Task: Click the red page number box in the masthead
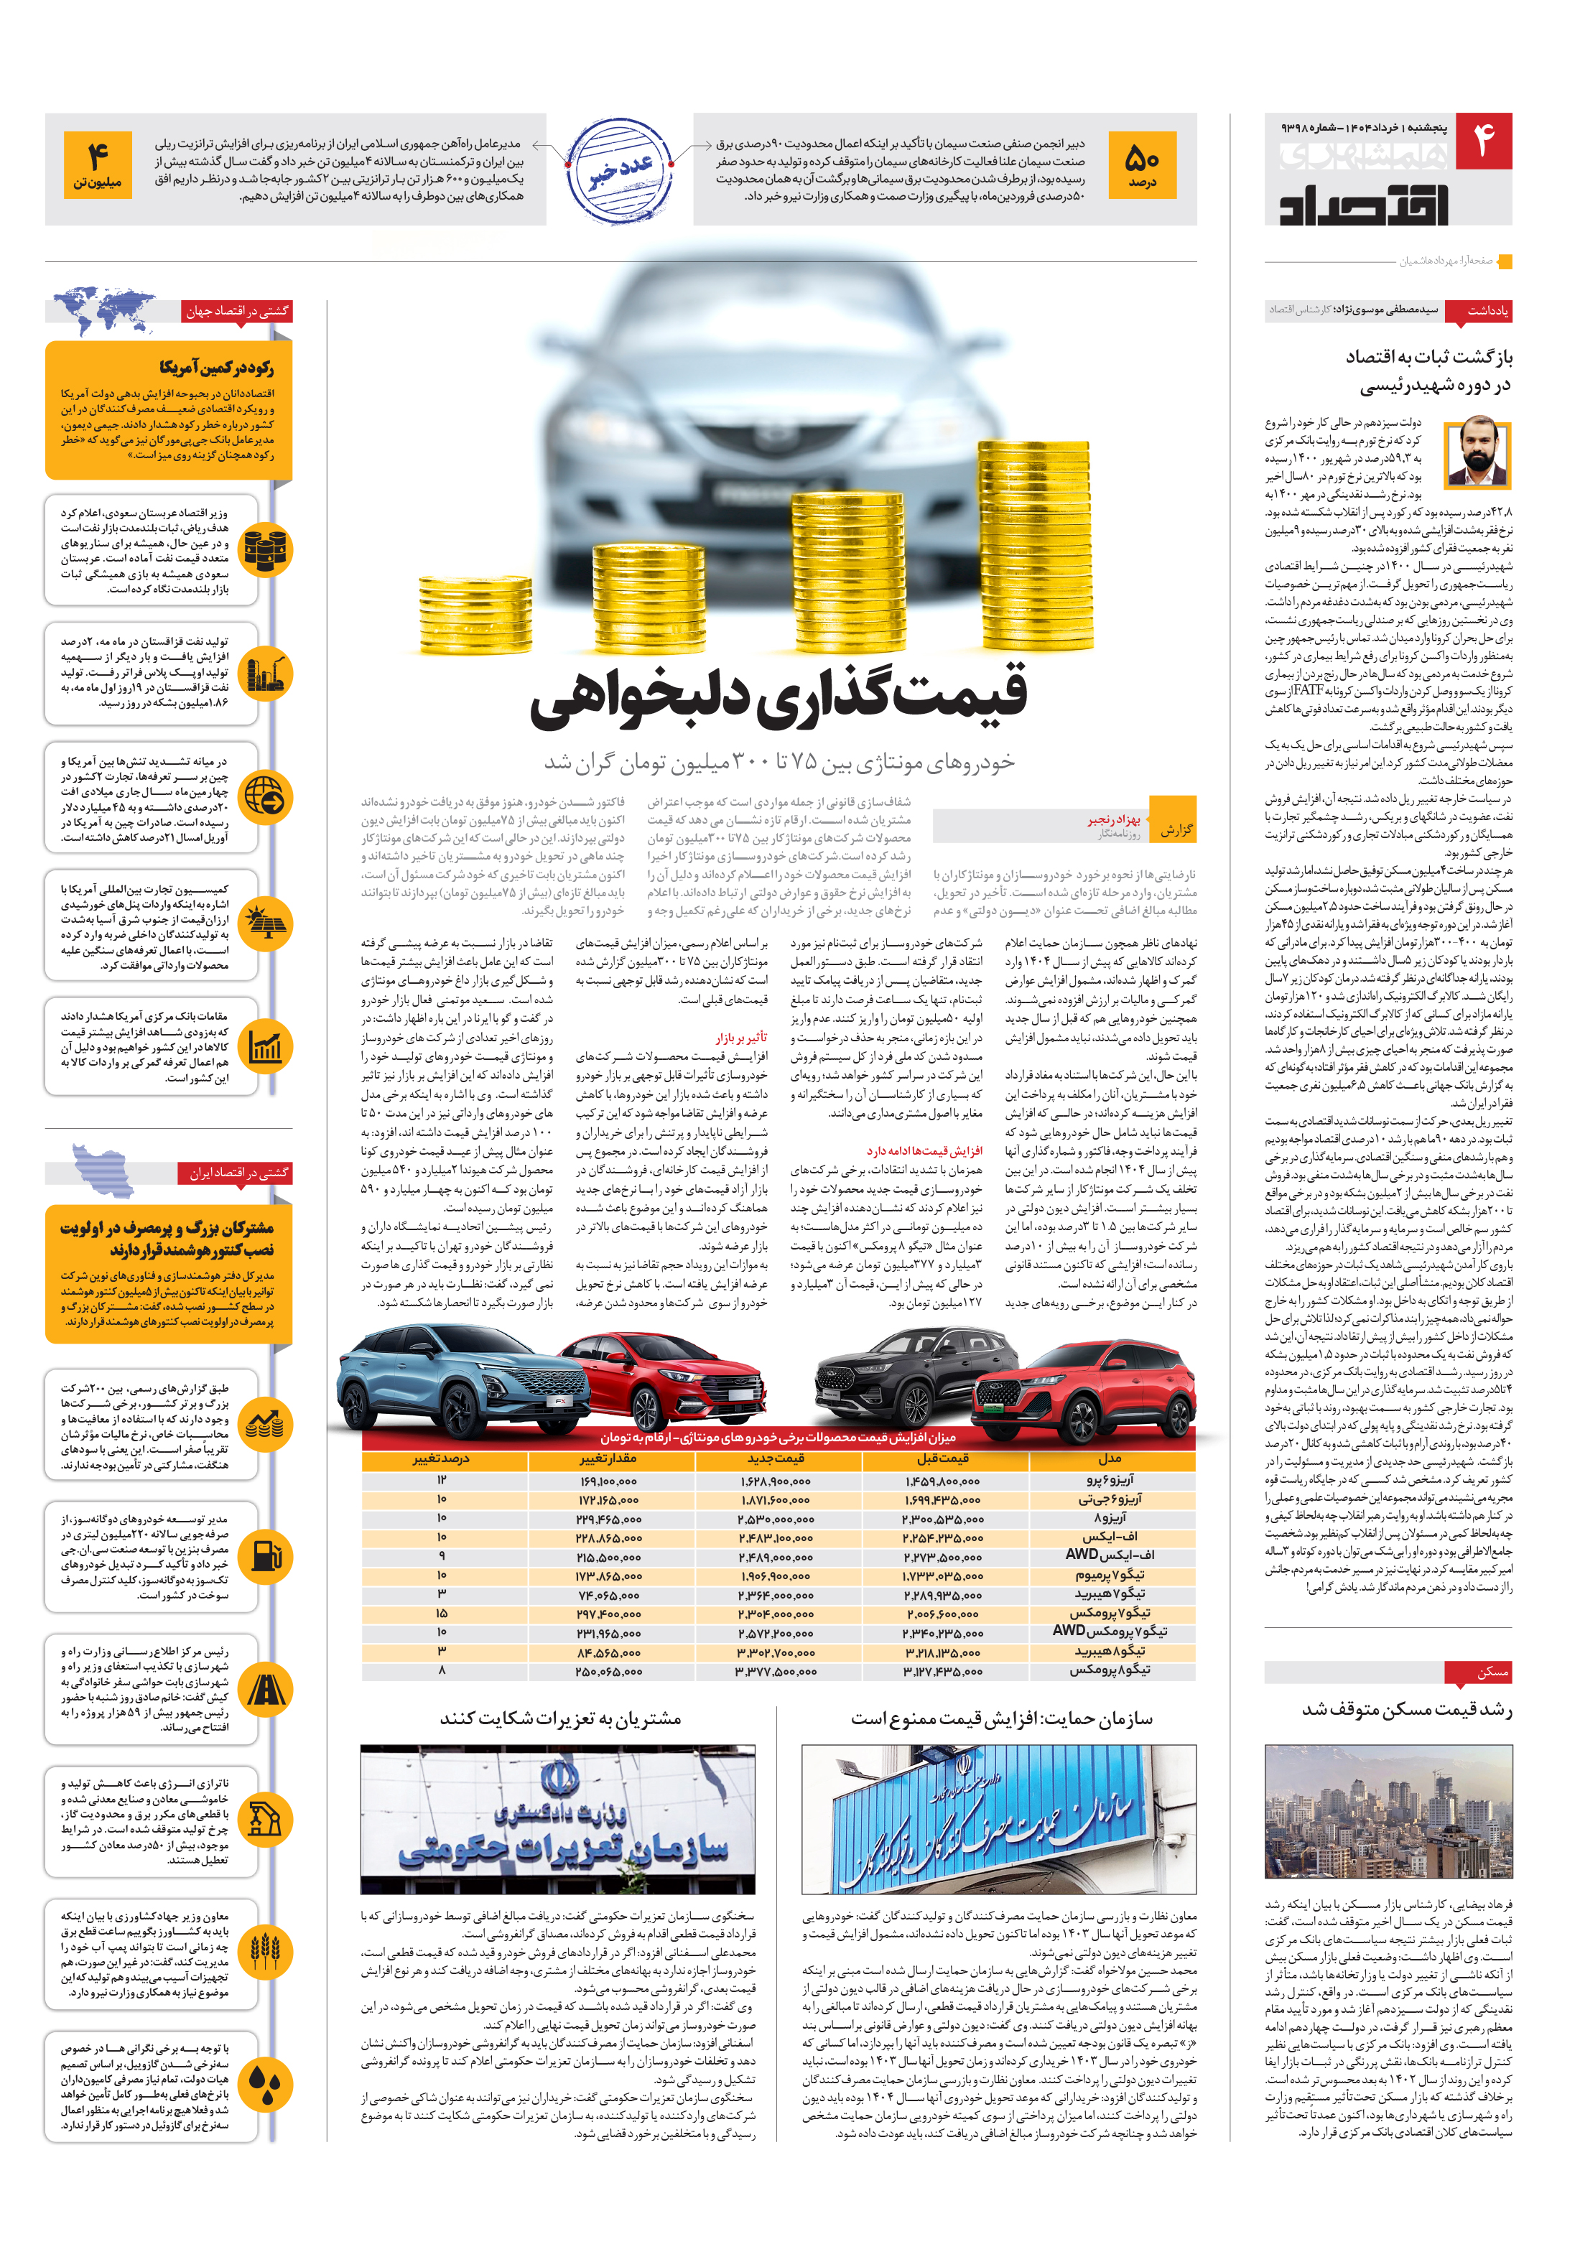coord(1484,144)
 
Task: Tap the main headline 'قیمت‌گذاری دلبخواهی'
coord(778,694)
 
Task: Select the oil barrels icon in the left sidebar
coord(264,549)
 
